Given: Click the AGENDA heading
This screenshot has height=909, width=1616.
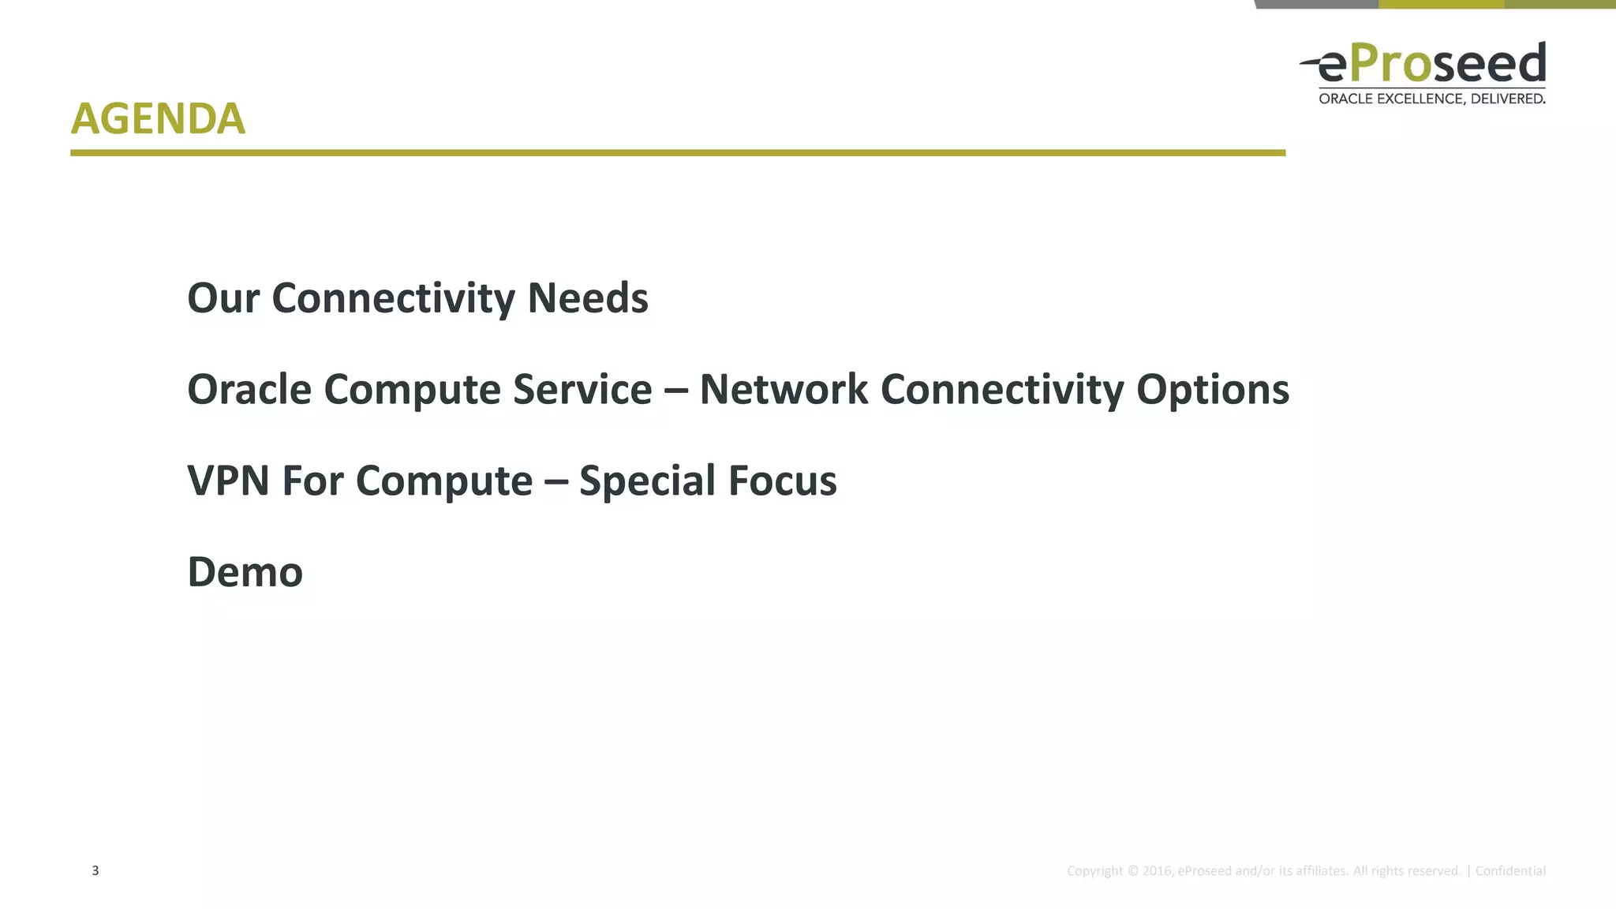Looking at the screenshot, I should (x=158, y=119).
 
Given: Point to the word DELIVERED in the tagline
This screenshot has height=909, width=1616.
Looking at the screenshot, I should (x=1508, y=99).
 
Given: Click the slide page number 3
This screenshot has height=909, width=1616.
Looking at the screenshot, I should (x=95, y=870).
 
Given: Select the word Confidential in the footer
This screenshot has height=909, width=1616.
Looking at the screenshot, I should (x=1510, y=871).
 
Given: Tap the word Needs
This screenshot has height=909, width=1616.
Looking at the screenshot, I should (x=588, y=298).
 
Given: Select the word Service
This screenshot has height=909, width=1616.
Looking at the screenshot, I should (x=582, y=390).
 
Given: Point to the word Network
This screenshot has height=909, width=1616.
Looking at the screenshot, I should (x=784, y=390).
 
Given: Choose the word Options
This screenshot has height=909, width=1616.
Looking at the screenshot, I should (x=1213, y=390).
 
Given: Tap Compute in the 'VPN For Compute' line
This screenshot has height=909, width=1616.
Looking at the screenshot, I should (x=444, y=481).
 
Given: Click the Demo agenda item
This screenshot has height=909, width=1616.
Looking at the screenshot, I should (x=245, y=572).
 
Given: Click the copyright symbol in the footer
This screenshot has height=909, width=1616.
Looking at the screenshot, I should (x=1133, y=871).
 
